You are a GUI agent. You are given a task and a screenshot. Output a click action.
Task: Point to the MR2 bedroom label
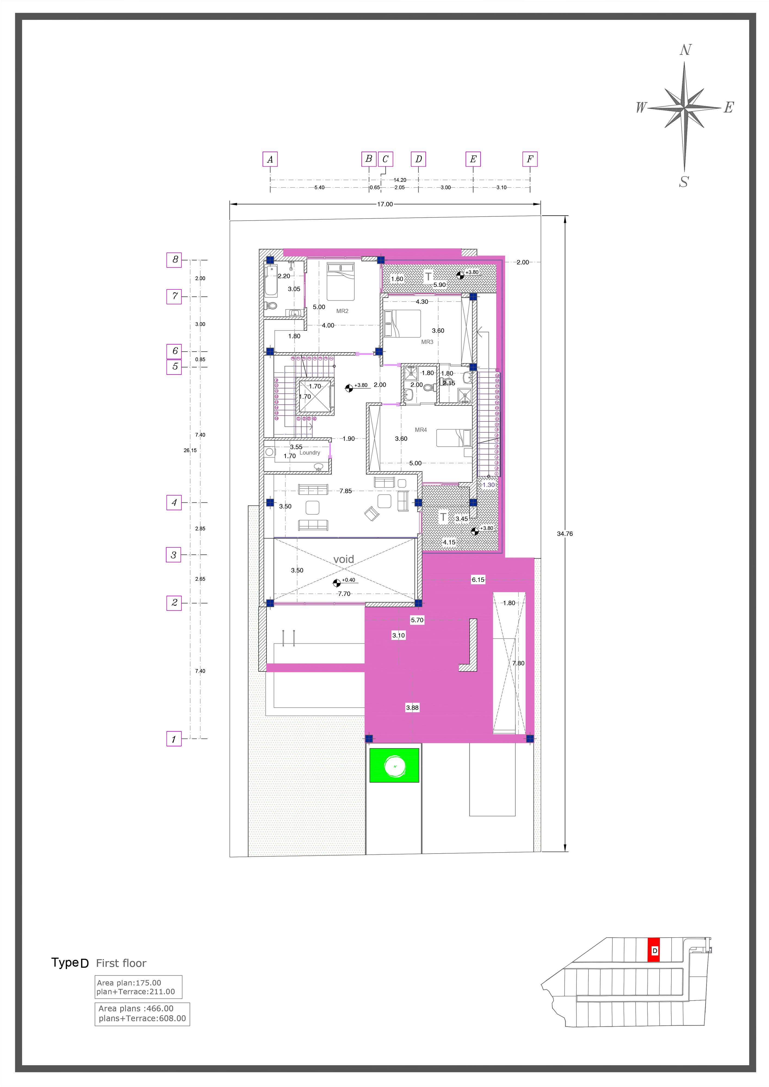(x=342, y=311)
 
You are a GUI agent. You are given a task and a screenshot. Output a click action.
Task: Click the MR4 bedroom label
(x=421, y=430)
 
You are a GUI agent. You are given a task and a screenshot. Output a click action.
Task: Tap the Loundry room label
(x=310, y=453)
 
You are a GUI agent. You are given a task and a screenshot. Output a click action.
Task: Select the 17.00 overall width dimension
(x=385, y=205)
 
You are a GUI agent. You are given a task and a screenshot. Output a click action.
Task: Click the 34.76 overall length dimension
(x=565, y=533)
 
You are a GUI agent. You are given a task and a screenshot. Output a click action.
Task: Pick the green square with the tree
(x=394, y=765)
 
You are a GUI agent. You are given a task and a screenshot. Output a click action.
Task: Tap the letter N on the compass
(x=685, y=50)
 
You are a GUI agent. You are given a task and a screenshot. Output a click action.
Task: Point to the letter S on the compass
(x=684, y=182)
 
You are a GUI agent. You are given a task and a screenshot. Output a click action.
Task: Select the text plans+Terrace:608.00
(x=142, y=1018)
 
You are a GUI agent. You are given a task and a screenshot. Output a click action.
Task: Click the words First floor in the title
(x=121, y=963)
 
